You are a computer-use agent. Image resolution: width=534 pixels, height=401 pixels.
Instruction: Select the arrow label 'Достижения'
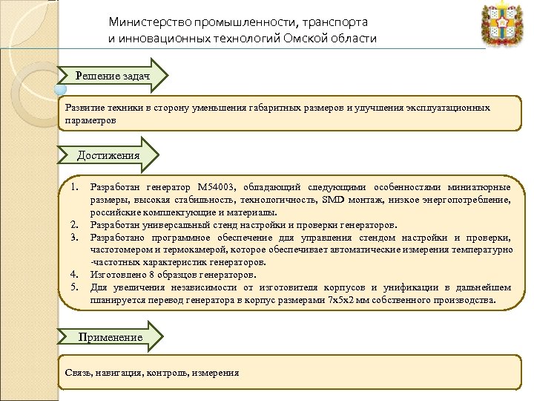(x=108, y=155)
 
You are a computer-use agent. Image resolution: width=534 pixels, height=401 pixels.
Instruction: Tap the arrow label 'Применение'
(x=110, y=337)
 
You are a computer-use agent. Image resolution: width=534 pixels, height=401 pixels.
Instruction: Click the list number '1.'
(x=74, y=188)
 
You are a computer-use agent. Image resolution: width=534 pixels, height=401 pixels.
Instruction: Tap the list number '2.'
(x=74, y=225)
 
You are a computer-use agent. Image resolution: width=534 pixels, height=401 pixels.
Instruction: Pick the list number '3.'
(x=74, y=237)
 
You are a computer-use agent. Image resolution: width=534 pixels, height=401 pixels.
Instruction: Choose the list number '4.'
(x=74, y=275)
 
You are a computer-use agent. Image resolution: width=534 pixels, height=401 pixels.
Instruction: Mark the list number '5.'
(x=74, y=287)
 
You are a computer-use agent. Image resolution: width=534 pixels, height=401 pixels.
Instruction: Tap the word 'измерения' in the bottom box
(x=215, y=373)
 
